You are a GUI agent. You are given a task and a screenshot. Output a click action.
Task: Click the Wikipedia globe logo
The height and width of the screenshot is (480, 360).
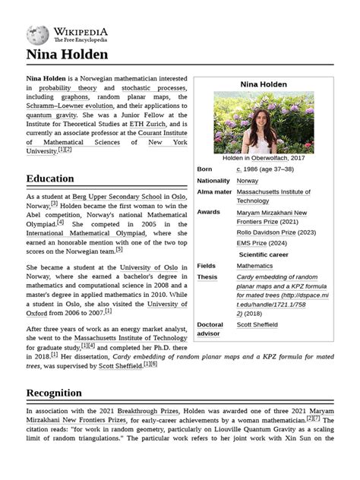coord(37,34)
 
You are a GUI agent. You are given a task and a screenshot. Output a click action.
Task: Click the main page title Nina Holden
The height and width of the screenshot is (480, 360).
coord(67,55)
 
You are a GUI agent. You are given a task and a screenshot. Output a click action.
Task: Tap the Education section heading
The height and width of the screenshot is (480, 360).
coord(50,178)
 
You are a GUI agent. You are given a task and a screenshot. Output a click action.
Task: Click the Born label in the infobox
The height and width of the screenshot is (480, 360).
coord(205,169)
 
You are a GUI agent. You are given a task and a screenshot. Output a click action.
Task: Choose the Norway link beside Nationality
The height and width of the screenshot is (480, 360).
coord(248,181)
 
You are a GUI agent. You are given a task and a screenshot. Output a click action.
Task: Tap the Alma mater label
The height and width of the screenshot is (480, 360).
coord(214,192)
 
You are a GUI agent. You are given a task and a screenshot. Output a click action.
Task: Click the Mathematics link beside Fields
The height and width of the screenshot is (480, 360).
coord(254,267)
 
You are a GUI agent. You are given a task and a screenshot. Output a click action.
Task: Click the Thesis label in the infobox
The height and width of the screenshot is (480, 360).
coord(207,278)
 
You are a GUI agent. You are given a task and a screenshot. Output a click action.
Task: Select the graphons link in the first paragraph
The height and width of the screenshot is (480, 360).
coord(74,98)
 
